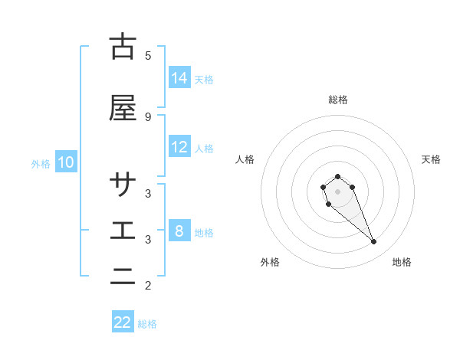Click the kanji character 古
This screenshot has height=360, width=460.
coord(123,47)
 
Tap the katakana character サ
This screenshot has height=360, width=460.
coord(123,185)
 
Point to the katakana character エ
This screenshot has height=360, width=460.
coord(123,231)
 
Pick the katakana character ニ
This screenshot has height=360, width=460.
coord(123,277)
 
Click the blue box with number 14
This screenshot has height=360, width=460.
coord(179,78)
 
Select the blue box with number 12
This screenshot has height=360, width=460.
coord(179,147)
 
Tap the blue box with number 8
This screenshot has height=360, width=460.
coord(179,231)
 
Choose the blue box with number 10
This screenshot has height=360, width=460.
coord(66,162)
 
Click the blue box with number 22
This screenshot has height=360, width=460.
coord(123,322)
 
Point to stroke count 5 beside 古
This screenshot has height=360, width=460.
coord(148,55)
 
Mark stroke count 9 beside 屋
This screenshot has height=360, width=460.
coord(148,116)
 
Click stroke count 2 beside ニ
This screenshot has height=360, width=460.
coord(148,286)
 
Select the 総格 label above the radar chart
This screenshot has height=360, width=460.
coord(338,100)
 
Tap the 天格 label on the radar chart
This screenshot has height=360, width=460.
coord(431,159)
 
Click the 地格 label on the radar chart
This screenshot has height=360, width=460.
coord(402,262)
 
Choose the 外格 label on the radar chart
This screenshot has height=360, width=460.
coord(270,262)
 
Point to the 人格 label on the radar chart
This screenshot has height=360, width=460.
coord(245,159)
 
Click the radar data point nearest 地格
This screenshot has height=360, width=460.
coord(373,242)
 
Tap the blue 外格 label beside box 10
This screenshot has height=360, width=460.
coord(41,163)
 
